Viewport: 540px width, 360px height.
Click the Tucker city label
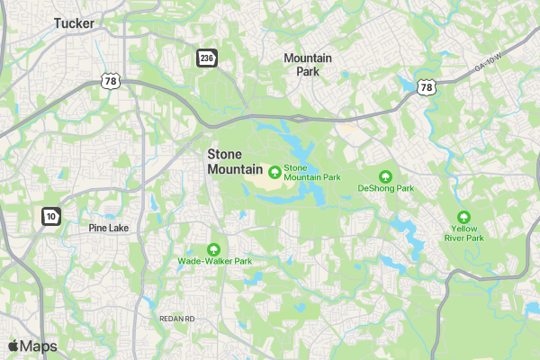pyautogui.click(x=74, y=23)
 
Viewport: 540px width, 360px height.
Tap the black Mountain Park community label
pyautogui.click(x=308, y=64)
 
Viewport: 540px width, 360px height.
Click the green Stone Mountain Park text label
pyautogui.click(x=311, y=172)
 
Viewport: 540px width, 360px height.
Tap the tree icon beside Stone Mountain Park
pyautogui.click(x=274, y=170)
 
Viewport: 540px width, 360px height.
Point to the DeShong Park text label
pyautogui.click(x=385, y=189)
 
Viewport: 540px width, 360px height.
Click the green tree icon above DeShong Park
pyautogui.click(x=386, y=175)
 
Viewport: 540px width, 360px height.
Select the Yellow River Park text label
pyautogui.click(x=463, y=234)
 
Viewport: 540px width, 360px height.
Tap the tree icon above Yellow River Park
pyautogui.click(x=463, y=217)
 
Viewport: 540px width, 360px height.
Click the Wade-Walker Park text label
pyautogui.click(x=214, y=261)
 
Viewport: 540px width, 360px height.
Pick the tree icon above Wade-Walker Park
pyautogui.click(x=214, y=248)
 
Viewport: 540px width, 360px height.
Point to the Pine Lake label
pyautogui.click(x=109, y=228)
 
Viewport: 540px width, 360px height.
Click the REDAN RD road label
pyautogui.click(x=176, y=319)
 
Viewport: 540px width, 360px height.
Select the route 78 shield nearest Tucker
pyautogui.click(x=111, y=81)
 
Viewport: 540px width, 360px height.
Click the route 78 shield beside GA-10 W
pyautogui.click(x=427, y=87)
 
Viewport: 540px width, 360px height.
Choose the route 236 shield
pyautogui.click(x=207, y=58)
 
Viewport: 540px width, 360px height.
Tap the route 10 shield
pyautogui.click(x=50, y=216)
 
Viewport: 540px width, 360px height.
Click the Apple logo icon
pyautogui.click(x=13, y=346)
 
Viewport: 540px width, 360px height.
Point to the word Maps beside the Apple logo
pyautogui.click(x=39, y=346)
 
